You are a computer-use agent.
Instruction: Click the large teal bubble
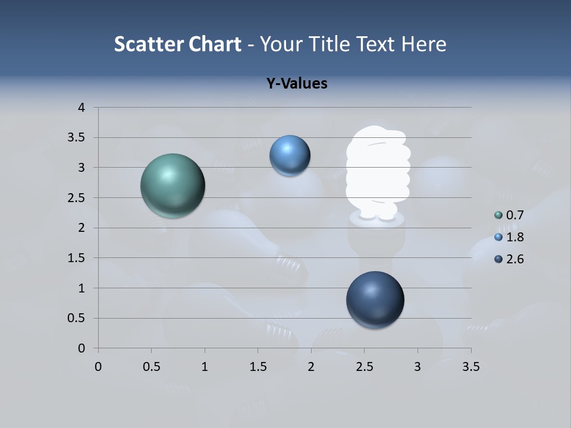[x=172, y=185]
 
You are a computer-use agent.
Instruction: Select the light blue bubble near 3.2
[x=290, y=156]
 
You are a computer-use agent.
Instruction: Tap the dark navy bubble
[x=375, y=300]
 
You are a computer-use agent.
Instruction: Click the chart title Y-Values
[x=297, y=84]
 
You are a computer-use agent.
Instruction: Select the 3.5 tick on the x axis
[x=471, y=367]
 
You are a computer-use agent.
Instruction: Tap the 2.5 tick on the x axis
[x=364, y=367]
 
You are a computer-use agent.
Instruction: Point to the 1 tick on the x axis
[x=205, y=367]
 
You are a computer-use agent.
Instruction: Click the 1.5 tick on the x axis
[x=258, y=367]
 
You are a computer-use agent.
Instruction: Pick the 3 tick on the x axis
[x=418, y=367]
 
